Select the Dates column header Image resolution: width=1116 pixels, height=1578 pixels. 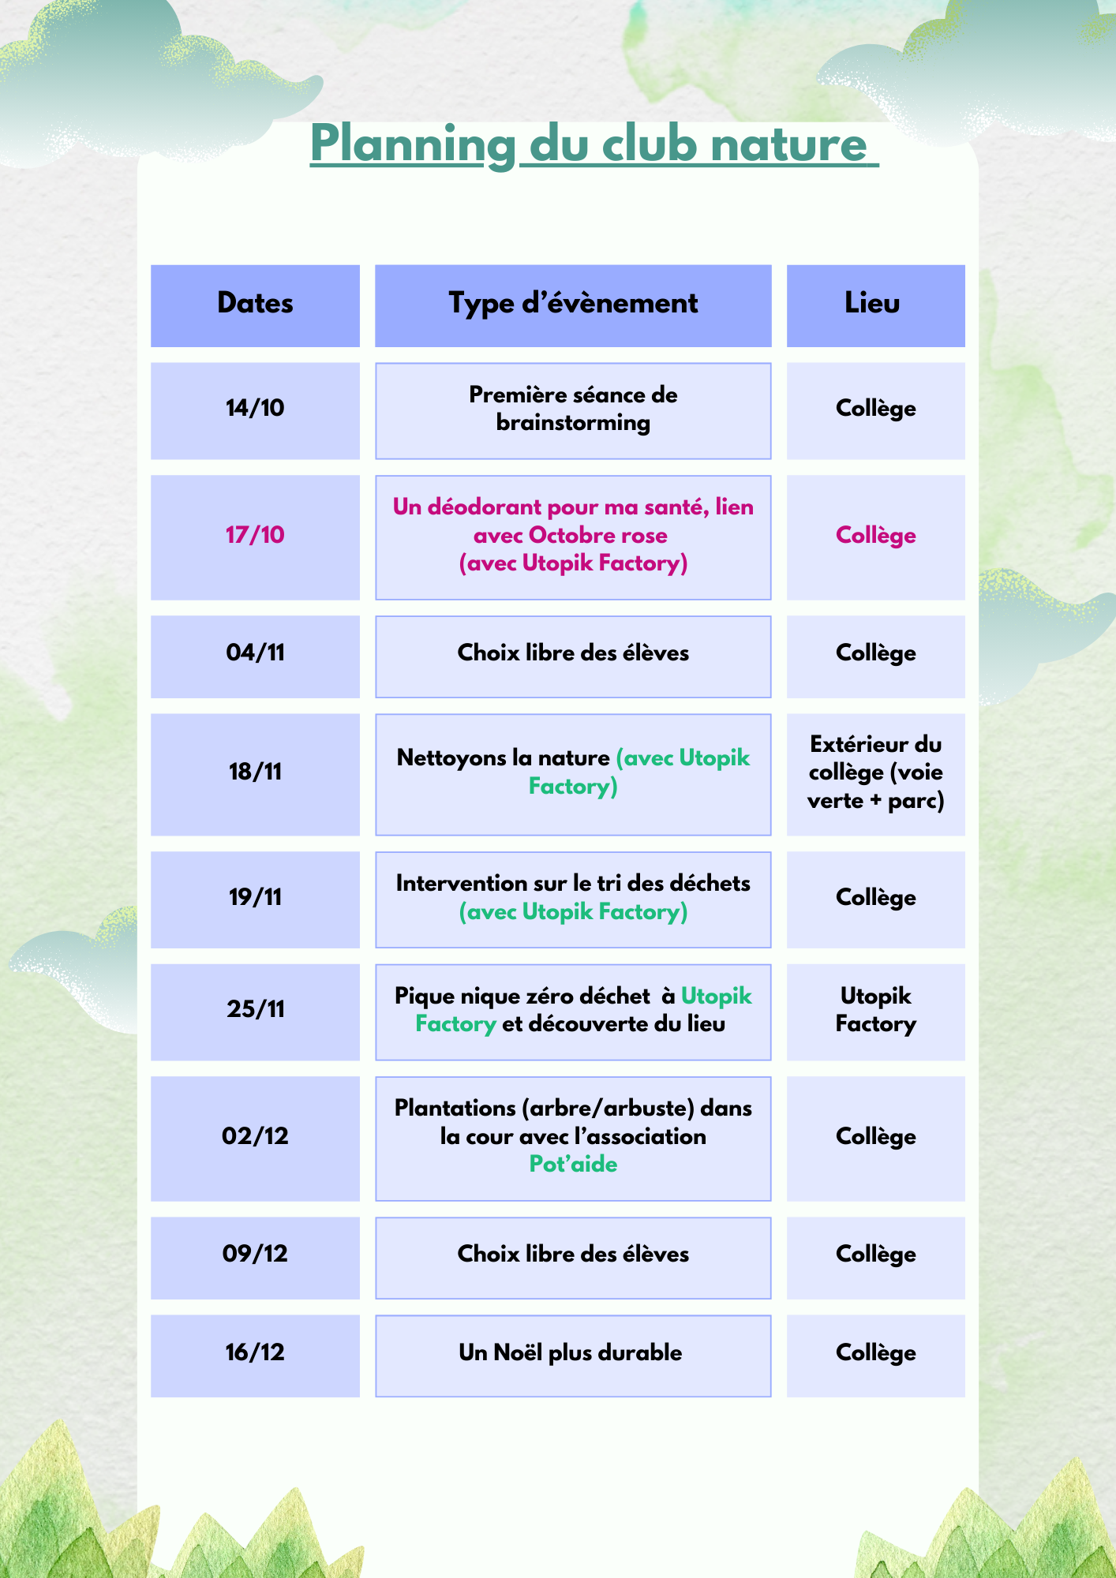[x=255, y=305]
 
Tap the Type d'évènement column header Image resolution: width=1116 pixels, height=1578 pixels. [x=573, y=305]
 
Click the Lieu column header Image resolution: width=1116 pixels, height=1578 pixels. [x=874, y=305]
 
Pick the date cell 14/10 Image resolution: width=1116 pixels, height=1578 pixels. [x=255, y=409]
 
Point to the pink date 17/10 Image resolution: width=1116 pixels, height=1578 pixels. [x=255, y=536]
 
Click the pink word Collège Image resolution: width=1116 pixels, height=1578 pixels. [x=875, y=536]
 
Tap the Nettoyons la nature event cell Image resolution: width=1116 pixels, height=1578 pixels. [x=573, y=772]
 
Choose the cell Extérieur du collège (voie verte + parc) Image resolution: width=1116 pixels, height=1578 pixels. [x=875, y=773]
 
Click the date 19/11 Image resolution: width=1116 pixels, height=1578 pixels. [x=255, y=898]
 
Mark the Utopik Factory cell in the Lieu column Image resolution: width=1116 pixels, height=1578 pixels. [x=875, y=1011]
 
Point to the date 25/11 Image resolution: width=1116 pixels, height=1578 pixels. [x=255, y=1010]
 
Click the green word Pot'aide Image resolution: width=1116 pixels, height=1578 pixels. [x=573, y=1165]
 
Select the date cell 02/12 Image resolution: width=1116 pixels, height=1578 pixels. [x=255, y=1137]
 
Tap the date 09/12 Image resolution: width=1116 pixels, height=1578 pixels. [x=255, y=1255]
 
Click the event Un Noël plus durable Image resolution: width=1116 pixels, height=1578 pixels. [x=571, y=1353]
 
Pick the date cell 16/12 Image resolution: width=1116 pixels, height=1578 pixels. [x=255, y=1353]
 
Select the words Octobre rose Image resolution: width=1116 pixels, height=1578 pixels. [x=597, y=536]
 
